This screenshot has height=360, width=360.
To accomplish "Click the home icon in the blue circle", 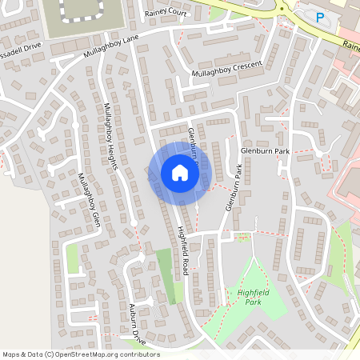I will (x=179, y=172).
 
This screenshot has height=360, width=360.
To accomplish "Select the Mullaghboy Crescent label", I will (x=228, y=71).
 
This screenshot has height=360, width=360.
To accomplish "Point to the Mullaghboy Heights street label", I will (x=111, y=136).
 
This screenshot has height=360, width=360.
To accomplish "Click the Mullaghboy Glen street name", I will (x=88, y=200).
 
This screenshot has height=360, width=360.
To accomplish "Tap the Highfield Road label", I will (x=182, y=250).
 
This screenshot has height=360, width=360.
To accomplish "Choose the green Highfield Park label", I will (x=249, y=298).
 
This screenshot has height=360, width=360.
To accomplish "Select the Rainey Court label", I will (x=166, y=14).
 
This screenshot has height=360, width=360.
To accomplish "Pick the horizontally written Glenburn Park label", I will (x=264, y=150).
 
